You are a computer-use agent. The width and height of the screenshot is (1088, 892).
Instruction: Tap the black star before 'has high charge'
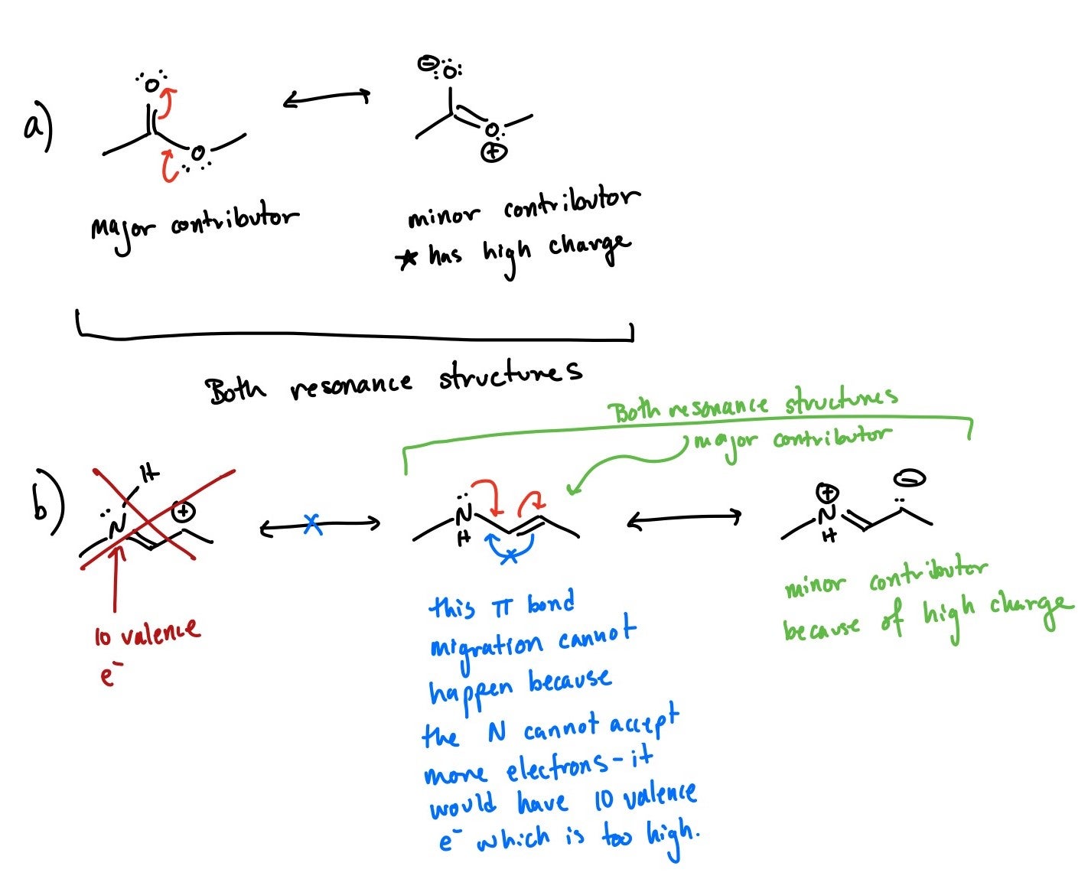(407, 259)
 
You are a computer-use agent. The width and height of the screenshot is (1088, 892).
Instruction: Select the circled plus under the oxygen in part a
(493, 152)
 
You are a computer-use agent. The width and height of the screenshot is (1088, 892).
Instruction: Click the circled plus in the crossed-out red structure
(182, 512)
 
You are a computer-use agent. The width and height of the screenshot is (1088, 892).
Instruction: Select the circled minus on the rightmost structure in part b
(910, 480)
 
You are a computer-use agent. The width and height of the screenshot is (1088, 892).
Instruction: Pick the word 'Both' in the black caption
(235, 390)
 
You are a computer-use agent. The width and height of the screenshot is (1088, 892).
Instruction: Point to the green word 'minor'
(814, 587)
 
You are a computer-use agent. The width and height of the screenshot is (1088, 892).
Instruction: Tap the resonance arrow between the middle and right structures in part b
(684, 519)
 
